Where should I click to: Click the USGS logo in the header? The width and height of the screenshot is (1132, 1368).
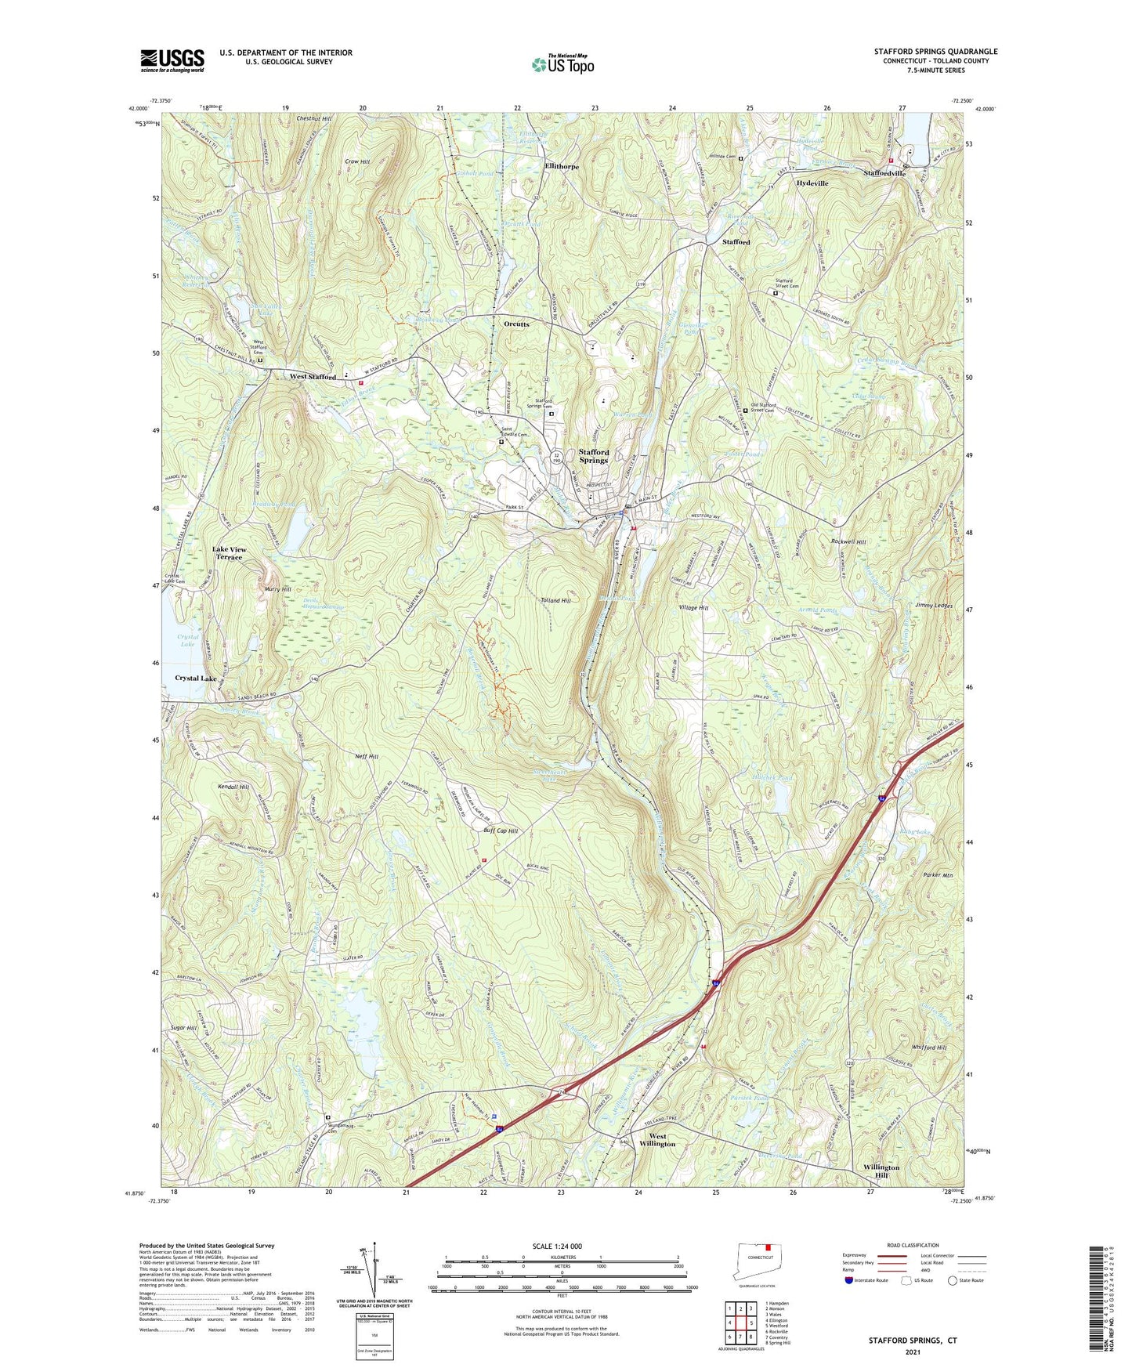(172, 60)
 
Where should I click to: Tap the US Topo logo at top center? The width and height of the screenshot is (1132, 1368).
(562, 64)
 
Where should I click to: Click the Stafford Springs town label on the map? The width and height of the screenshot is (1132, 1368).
(593, 456)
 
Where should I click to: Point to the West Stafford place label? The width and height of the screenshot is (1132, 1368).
(313, 377)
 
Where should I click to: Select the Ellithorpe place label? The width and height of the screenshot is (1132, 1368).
(562, 167)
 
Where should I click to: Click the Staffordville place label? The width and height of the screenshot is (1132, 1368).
(884, 173)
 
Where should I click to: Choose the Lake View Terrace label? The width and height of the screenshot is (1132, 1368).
(229, 553)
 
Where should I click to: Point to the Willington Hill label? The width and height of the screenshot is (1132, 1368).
(881, 1171)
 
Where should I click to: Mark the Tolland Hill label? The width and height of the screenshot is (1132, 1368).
(555, 600)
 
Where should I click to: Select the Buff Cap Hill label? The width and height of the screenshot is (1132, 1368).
(501, 831)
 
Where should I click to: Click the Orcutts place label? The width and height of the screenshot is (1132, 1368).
(516, 324)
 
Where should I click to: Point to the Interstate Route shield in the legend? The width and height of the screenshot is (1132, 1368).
(850, 1280)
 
